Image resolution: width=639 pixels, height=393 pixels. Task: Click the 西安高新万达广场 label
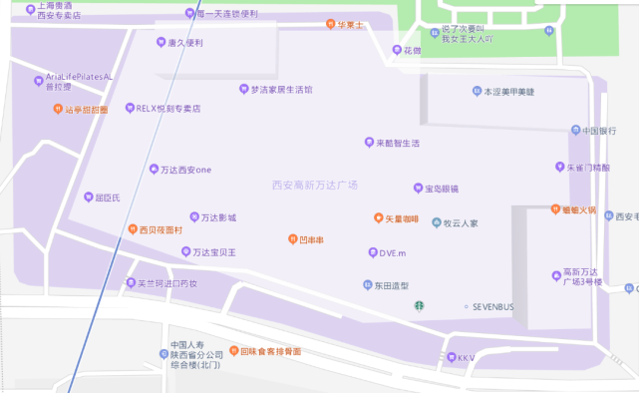(314, 186)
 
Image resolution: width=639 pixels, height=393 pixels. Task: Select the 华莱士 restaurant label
(350, 24)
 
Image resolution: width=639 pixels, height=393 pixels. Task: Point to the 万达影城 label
(218, 217)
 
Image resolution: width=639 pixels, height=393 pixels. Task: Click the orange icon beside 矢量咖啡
(379, 218)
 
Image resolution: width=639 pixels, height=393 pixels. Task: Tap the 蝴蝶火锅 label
(578, 210)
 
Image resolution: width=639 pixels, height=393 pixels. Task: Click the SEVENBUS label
(492, 306)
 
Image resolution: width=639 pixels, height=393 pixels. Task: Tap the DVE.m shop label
(393, 253)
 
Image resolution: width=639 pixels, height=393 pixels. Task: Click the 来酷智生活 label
(398, 143)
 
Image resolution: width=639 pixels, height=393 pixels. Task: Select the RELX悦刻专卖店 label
(168, 108)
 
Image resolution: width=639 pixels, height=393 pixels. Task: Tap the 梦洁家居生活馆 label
(281, 90)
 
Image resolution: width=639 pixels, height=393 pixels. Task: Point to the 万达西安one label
(185, 170)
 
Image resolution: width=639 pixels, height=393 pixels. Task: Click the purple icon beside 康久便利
(160, 42)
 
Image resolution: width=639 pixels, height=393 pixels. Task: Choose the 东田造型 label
(392, 285)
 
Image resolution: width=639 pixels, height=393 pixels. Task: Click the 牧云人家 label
(461, 223)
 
